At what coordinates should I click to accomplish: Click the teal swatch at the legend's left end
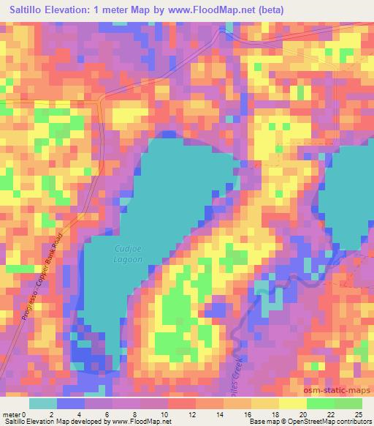(42, 404)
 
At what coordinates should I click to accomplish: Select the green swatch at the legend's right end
(348, 404)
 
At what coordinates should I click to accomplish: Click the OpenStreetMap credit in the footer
(307, 421)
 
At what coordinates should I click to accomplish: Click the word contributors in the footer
(351, 421)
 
